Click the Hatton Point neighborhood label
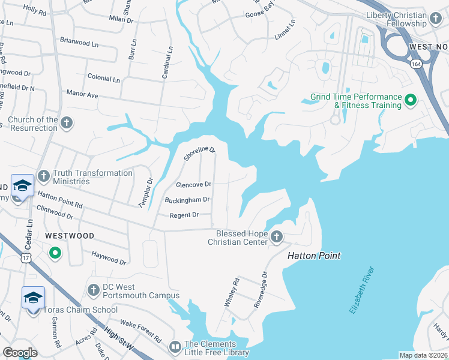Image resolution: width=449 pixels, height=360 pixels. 314,256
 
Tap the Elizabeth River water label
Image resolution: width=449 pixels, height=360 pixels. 362,290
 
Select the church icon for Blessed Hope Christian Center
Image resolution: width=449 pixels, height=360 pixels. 277,237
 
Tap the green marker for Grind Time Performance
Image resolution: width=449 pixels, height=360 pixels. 411,100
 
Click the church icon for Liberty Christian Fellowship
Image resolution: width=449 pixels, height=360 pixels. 436,19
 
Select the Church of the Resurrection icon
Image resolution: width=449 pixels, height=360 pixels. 67,124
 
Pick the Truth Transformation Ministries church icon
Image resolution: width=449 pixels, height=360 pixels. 43,176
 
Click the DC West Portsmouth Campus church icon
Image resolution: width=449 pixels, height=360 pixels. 93,290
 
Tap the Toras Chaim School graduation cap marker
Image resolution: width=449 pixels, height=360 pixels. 33,297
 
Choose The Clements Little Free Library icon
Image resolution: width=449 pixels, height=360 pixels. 175,347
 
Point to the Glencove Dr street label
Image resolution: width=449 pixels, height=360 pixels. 193,184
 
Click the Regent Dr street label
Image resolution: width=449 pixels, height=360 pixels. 184,215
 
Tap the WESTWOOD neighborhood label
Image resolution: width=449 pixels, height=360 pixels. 69,236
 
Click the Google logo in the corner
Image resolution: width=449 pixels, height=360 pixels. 20,353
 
